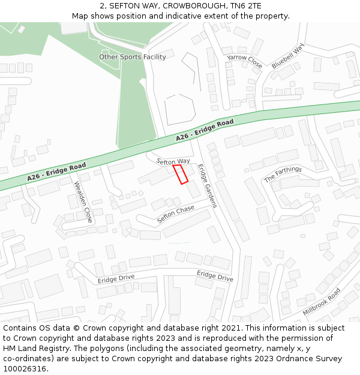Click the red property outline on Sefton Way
[x=181, y=174]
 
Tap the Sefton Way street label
[x=173, y=161]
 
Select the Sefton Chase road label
[x=176, y=214]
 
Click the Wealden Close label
[x=83, y=202]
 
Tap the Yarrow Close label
[x=245, y=61]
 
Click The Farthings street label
[x=283, y=174]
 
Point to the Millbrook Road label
[x=322, y=302]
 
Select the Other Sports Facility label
[x=133, y=57]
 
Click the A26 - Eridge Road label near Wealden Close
[x=56, y=172]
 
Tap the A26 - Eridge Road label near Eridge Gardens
[x=205, y=131]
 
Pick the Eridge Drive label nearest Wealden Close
[x=116, y=279]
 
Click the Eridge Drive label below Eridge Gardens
[x=215, y=275]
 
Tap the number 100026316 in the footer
[x=25, y=369]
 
